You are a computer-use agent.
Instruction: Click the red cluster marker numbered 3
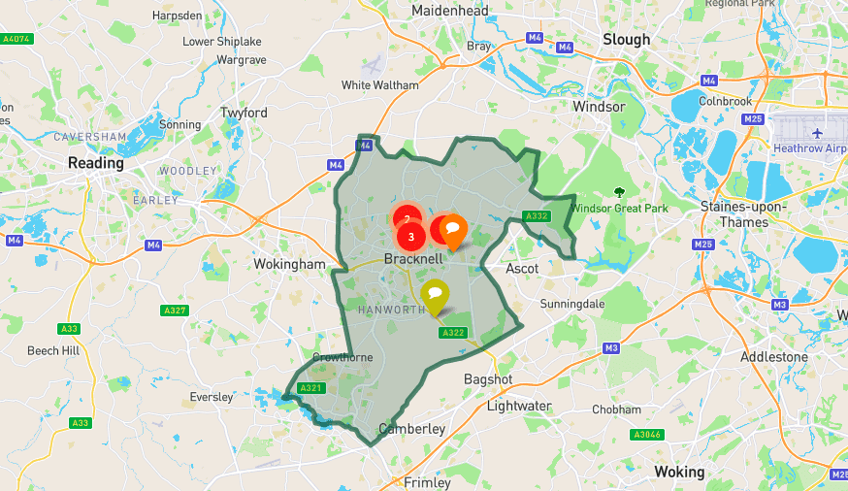(x=411, y=236)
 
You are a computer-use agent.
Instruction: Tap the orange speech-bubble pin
(x=452, y=230)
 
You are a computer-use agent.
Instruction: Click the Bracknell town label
(x=413, y=259)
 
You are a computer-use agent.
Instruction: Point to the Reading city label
(x=96, y=163)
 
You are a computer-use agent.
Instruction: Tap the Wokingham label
(x=289, y=264)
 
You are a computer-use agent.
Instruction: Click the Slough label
(x=627, y=39)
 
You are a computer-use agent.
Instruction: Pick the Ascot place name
(x=522, y=268)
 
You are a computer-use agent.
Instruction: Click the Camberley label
(x=412, y=428)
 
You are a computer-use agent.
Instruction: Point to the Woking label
(x=679, y=472)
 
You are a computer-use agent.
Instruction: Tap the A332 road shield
(x=537, y=216)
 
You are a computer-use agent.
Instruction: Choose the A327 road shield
(x=175, y=311)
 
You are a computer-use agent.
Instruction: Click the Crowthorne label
(x=342, y=357)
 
